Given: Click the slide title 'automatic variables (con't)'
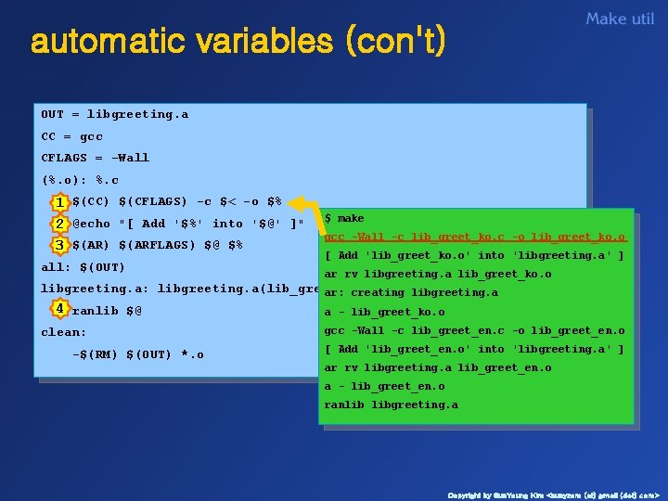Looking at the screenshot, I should (x=238, y=42).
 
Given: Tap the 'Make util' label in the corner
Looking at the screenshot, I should (x=620, y=19).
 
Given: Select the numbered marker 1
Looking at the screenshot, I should (x=59, y=202).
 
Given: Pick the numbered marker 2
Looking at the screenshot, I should (x=59, y=224).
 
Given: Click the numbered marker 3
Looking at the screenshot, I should (x=59, y=246).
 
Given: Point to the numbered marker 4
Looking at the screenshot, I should (x=59, y=308).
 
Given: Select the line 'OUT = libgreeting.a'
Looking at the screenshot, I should (x=114, y=115).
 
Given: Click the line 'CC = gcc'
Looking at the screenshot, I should (x=71, y=136).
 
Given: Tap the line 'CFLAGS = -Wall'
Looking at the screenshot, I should (x=95, y=158).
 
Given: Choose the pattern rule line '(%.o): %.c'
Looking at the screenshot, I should (x=80, y=180).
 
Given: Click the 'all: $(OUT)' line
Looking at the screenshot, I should (x=83, y=267).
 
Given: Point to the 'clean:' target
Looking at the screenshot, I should (x=63, y=332).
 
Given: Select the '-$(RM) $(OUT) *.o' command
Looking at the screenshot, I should (x=137, y=354).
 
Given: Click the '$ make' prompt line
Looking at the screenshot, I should (x=344, y=219).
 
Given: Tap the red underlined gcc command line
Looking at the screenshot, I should (x=474, y=238).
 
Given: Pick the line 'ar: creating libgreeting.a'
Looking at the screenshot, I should (x=410, y=293).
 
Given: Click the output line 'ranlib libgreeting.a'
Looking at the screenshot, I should (x=391, y=405).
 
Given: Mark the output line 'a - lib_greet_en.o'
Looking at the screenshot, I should (x=384, y=387).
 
